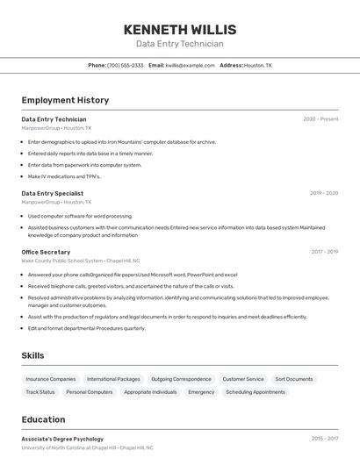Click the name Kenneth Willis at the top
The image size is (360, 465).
[x=179, y=29]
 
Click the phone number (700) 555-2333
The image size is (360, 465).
[x=125, y=65]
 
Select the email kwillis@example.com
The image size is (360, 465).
[x=190, y=65]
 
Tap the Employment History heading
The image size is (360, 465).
[x=65, y=100]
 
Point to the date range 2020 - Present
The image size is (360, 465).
[x=320, y=119]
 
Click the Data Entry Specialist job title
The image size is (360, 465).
[x=52, y=193]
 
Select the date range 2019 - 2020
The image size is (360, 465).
[x=324, y=193]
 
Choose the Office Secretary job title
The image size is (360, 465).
[x=46, y=252]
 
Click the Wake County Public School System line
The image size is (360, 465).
[x=80, y=261]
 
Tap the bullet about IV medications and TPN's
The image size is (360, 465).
[x=64, y=176]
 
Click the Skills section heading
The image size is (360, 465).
[x=32, y=355]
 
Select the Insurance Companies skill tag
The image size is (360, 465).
[x=51, y=379]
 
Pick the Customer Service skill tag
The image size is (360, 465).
[x=243, y=379]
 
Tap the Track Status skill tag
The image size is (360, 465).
[x=40, y=392]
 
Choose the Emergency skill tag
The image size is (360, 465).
[x=201, y=392]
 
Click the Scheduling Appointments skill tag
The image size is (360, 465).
[x=256, y=392]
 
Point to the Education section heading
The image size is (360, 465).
[x=43, y=419]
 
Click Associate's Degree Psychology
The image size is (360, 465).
[x=62, y=439]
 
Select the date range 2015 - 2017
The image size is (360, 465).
[x=324, y=439]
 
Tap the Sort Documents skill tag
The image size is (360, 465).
[x=294, y=379]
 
